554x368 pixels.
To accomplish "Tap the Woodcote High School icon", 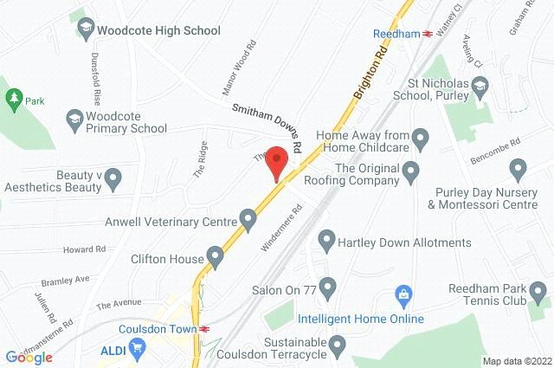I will (x=86, y=29).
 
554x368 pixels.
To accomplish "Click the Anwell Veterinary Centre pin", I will (x=249, y=217).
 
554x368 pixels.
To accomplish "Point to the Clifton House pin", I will (x=216, y=257).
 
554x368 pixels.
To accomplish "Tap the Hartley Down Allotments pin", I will (x=327, y=238).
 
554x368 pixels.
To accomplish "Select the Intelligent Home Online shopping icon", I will (x=401, y=294).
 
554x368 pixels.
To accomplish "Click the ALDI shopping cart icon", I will (x=134, y=349).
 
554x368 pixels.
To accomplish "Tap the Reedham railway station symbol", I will (x=427, y=33).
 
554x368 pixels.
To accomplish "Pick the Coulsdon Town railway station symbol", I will (x=204, y=329).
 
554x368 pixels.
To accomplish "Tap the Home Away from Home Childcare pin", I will (x=422, y=137).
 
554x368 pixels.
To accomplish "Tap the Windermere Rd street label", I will (x=282, y=227).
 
